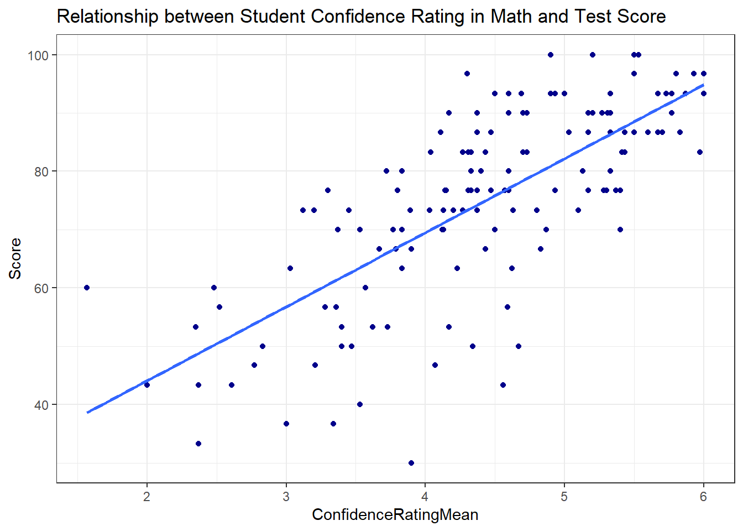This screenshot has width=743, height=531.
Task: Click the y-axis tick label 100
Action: point(38,55)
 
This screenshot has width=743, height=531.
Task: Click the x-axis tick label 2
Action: point(146,497)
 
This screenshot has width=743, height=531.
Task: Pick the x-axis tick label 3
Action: point(286,497)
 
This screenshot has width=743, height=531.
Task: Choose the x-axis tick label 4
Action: point(425,497)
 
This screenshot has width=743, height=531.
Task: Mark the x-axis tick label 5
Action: point(564,497)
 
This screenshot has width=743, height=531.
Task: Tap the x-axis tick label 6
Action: point(703,497)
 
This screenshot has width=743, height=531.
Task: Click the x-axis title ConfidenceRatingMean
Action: point(395,515)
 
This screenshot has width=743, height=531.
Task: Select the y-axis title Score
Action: point(15,258)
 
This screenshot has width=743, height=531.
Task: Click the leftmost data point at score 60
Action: point(87,288)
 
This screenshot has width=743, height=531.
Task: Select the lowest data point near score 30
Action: point(411,463)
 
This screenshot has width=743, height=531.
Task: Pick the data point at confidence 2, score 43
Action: point(146,385)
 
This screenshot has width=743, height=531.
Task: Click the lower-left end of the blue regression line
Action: point(88,412)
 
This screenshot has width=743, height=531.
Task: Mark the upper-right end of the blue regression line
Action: point(703,85)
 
